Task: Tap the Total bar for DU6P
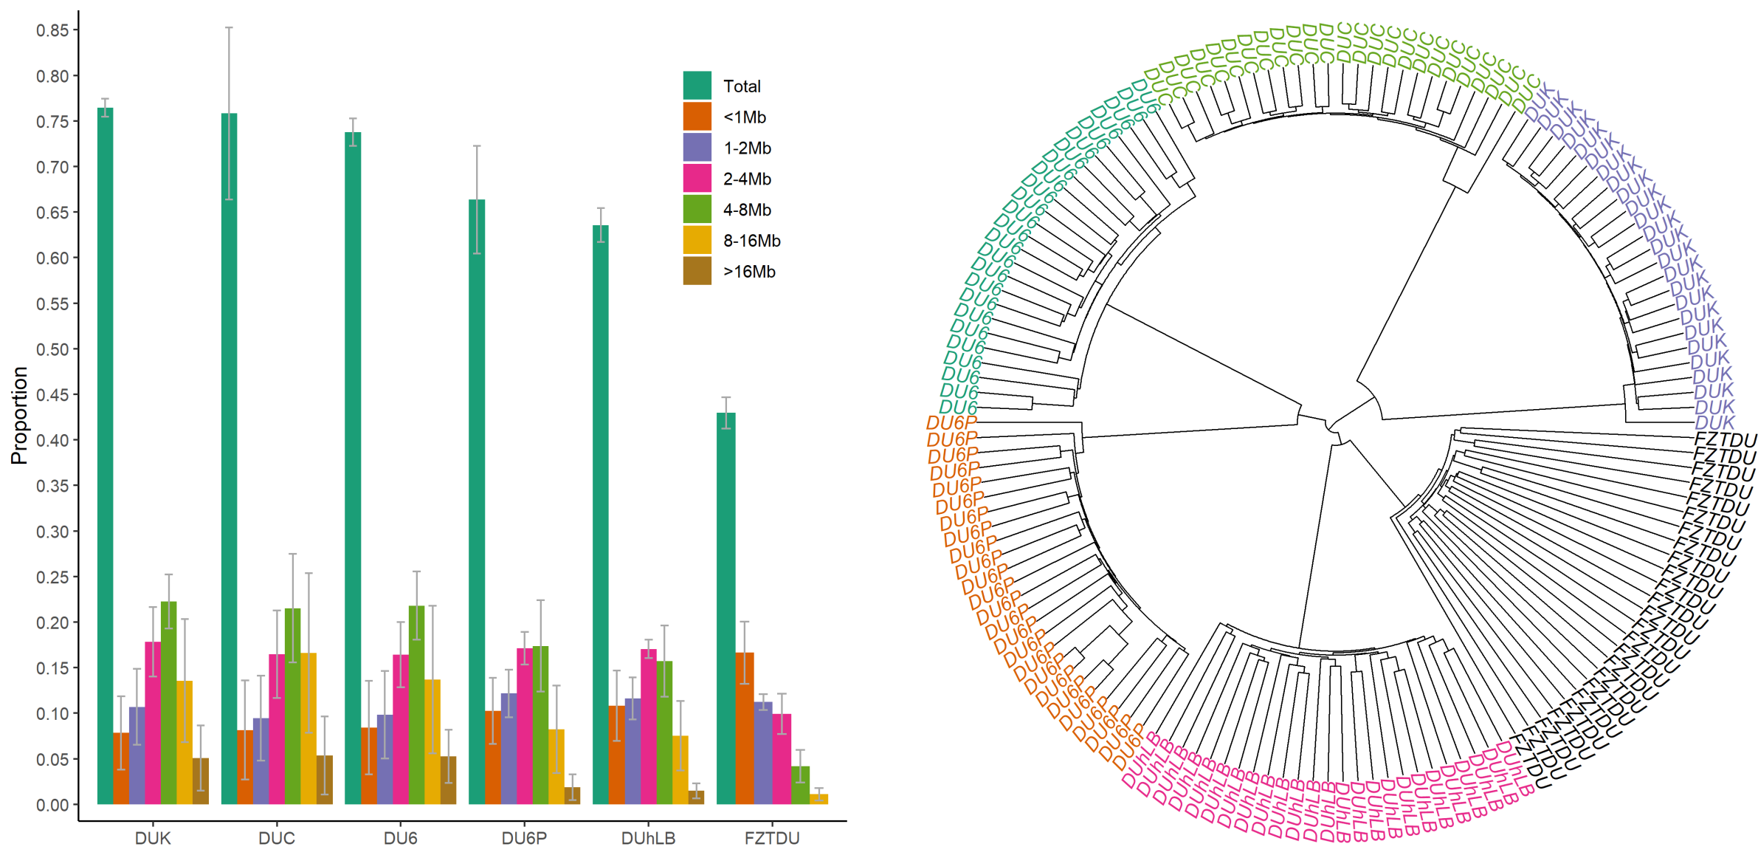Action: [477, 501]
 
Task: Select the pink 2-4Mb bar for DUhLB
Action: [649, 727]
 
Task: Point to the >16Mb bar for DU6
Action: [448, 780]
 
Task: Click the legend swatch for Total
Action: [697, 86]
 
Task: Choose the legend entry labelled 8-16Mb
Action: [751, 241]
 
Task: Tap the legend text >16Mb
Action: [749, 272]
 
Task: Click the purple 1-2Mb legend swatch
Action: [697, 148]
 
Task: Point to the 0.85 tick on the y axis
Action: [52, 30]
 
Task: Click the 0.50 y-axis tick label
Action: [52, 349]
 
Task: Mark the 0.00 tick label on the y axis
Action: [52, 805]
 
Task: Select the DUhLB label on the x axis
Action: [648, 838]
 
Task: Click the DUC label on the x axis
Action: [277, 838]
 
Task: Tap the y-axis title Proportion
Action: [19, 415]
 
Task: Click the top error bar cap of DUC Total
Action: [229, 28]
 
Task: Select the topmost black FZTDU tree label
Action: [1724, 441]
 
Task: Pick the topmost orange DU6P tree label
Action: [952, 423]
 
